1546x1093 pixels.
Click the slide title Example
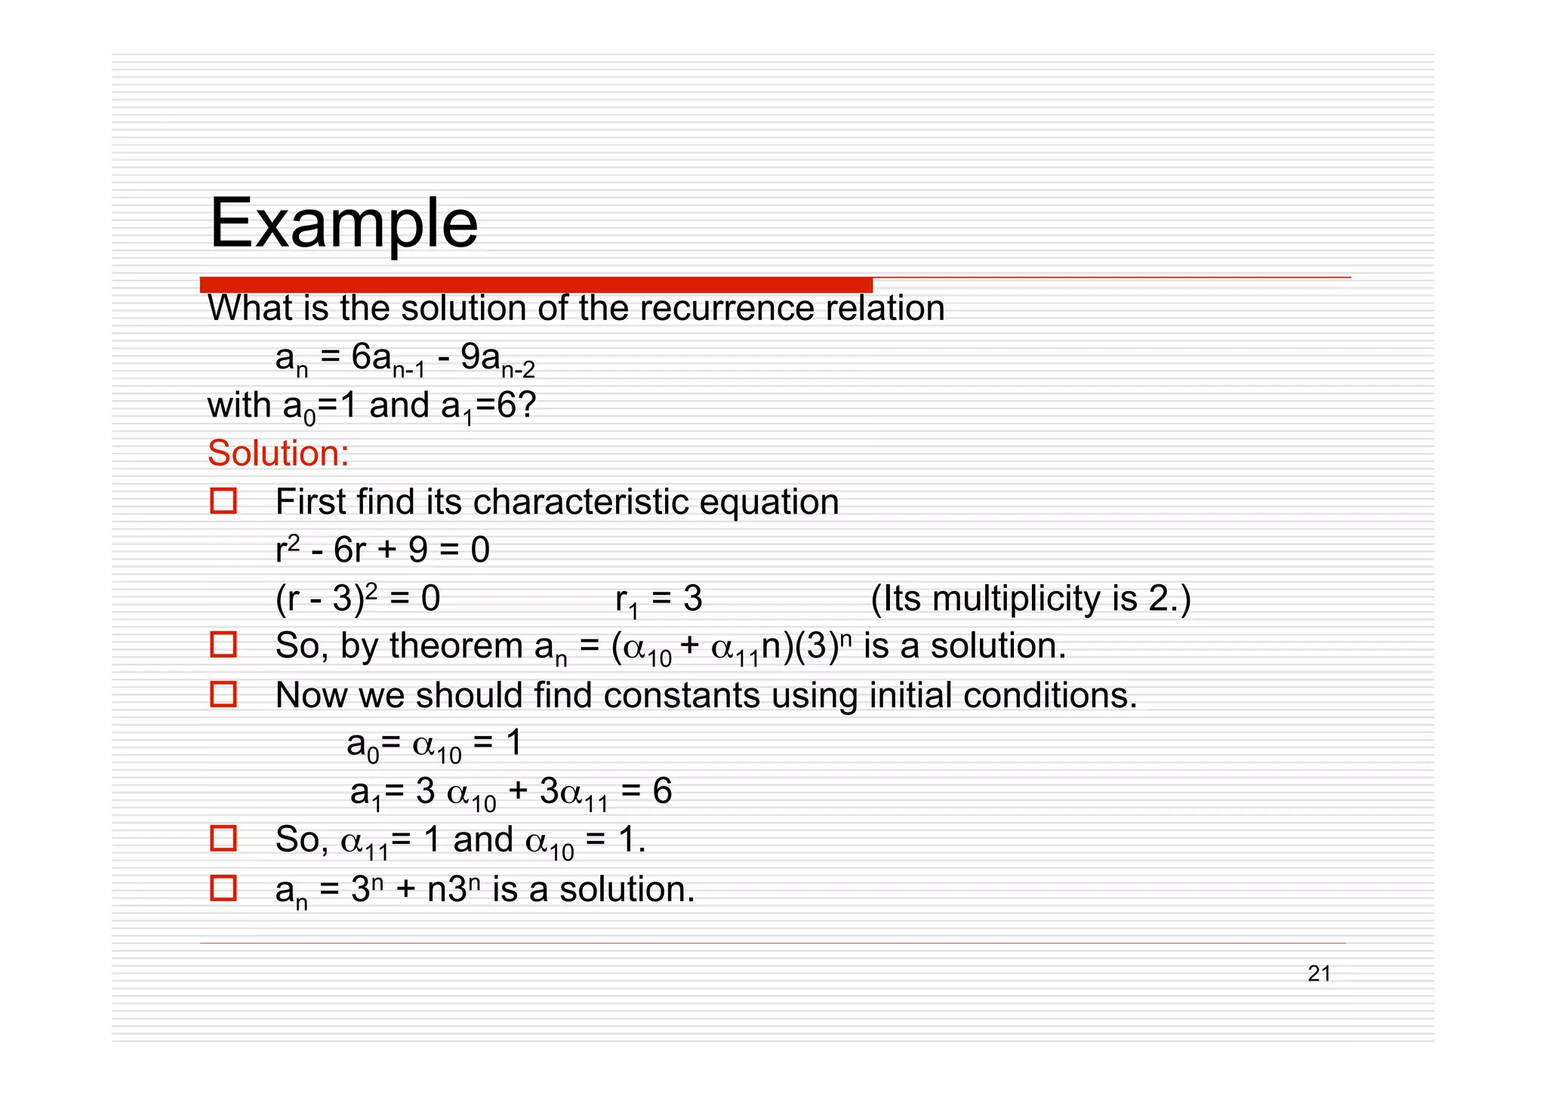(x=343, y=224)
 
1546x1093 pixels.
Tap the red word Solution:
(x=278, y=454)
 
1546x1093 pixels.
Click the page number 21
(x=1319, y=974)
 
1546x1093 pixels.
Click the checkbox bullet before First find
(x=223, y=501)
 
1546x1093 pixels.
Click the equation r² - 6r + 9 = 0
(x=383, y=550)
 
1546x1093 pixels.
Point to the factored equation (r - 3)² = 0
(x=358, y=599)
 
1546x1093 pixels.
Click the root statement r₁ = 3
(x=658, y=599)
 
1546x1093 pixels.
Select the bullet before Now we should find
(x=223, y=694)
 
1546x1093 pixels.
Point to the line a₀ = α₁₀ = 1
(x=434, y=744)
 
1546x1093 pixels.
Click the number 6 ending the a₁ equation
(x=662, y=792)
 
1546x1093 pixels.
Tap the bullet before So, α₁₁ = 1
(x=223, y=839)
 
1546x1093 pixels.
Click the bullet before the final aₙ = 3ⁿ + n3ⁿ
(x=223, y=888)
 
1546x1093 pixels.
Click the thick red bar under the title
(x=536, y=285)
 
